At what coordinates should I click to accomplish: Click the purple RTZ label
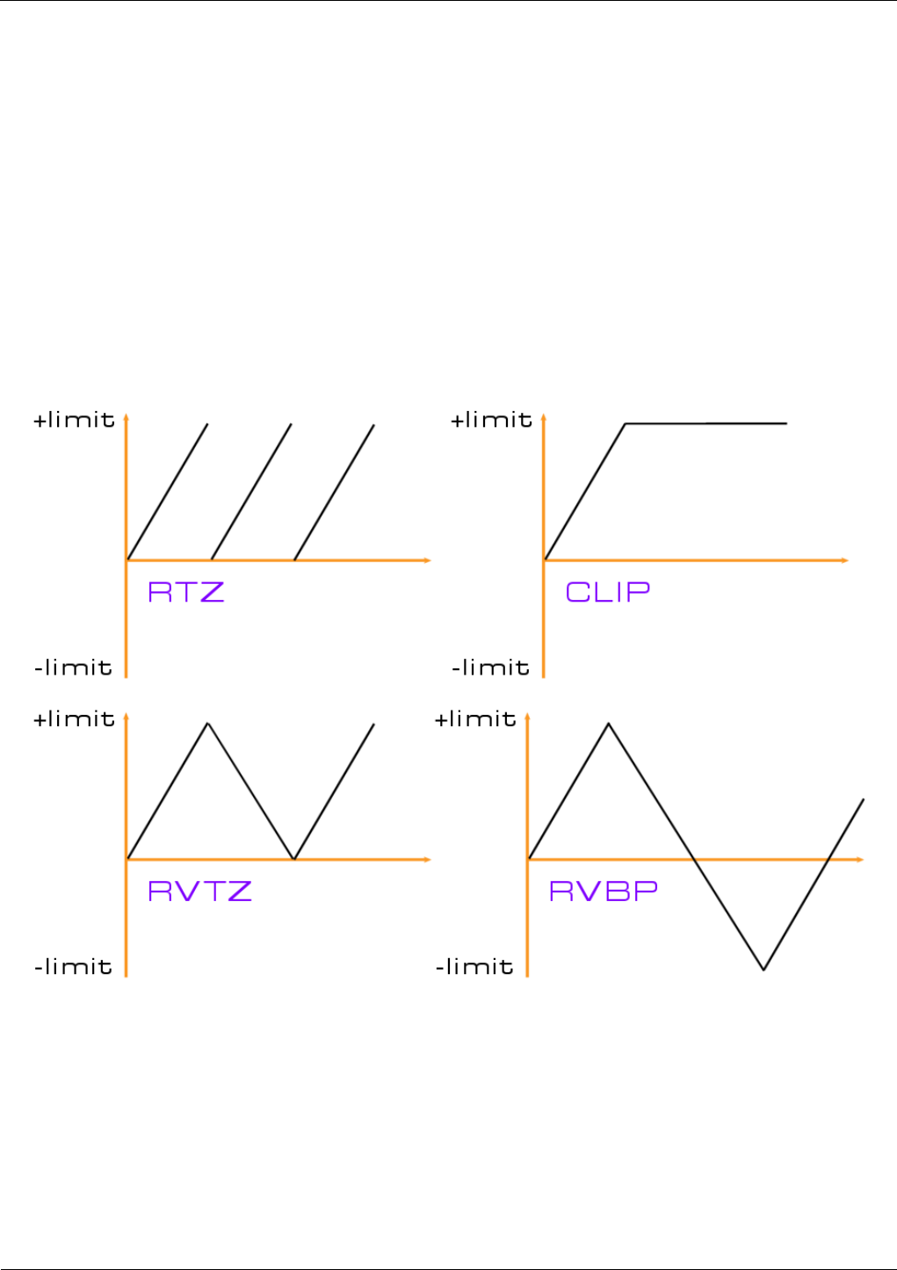[186, 592]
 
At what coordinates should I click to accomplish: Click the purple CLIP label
[608, 592]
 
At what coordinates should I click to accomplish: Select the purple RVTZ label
[199, 891]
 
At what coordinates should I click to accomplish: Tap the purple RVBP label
[604, 891]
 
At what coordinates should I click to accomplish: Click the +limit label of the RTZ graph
[75, 420]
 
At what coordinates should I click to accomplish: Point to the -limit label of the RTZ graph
[74, 667]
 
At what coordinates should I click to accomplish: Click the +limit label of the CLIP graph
[492, 420]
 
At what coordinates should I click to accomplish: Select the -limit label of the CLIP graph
[491, 667]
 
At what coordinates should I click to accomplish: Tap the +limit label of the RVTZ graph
[75, 719]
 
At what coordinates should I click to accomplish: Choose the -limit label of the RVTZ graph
[74, 967]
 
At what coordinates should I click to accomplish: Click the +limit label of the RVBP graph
[476, 719]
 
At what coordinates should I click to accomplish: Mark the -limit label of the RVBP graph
[475, 967]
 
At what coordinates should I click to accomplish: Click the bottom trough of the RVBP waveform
[763, 969]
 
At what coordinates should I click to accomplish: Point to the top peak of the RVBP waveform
[609, 724]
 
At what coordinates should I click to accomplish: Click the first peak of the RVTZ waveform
[207, 724]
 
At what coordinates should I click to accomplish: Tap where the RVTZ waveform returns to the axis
[293, 858]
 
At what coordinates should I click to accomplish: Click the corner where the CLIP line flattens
[626, 424]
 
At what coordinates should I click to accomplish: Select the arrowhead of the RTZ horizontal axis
[428, 559]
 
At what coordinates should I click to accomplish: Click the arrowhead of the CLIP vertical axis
[544, 416]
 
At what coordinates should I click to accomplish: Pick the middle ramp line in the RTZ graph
[251, 492]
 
